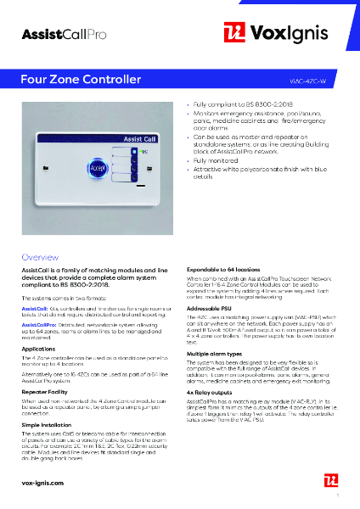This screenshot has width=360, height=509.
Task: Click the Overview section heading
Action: pos(40,256)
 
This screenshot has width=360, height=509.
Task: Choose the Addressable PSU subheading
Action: pos(212,308)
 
